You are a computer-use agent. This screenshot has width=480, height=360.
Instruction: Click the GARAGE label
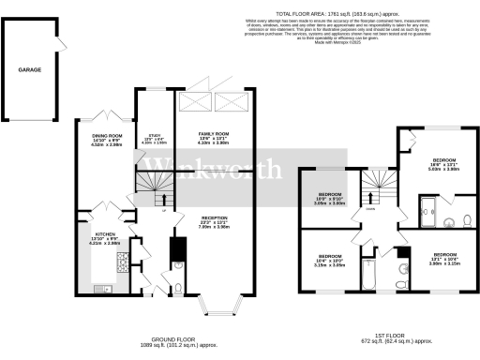coord(31,70)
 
